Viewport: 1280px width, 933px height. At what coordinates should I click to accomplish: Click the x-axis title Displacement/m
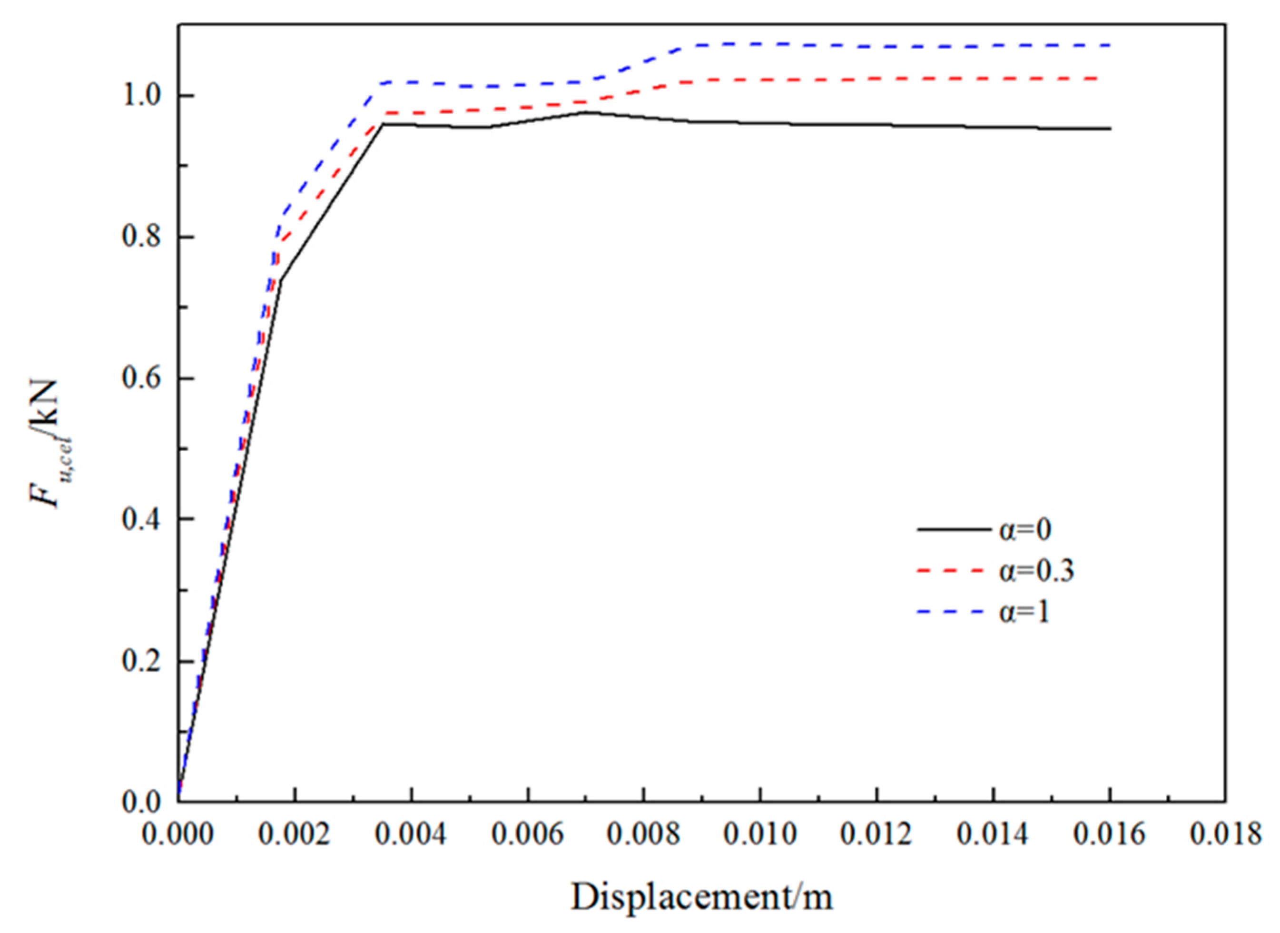[702, 897]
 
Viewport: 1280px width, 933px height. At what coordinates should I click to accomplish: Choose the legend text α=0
[1025, 530]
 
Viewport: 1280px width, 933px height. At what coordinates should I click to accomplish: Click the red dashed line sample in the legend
[954, 572]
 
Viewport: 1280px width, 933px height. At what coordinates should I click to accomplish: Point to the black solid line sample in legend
[954, 530]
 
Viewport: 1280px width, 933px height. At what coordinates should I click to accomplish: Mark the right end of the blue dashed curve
[1110, 45]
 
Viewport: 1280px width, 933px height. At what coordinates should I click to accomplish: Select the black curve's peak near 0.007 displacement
[587, 112]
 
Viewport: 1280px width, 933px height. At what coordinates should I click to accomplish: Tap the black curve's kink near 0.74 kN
[279, 279]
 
